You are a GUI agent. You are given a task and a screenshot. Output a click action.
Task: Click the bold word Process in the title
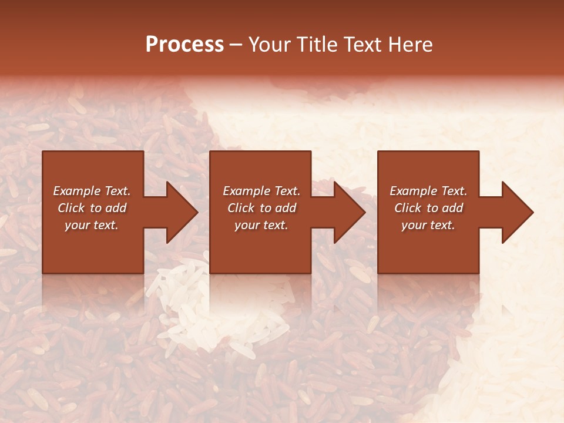[184, 45]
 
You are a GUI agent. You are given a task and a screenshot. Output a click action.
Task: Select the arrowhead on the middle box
[348, 212]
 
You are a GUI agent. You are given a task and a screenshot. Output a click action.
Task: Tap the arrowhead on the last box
[516, 212]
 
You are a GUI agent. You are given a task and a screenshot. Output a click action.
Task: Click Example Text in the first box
[92, 191]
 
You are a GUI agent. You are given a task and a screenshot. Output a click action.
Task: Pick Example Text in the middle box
[261, 191]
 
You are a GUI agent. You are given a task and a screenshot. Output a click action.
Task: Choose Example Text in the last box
[428, 191]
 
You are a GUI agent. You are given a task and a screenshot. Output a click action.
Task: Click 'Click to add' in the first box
[92, 208]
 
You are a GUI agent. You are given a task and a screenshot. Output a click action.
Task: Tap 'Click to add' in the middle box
[261, 208]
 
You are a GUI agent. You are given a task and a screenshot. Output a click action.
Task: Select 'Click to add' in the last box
[428, 208]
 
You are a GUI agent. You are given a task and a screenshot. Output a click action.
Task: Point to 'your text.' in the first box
[92, 225]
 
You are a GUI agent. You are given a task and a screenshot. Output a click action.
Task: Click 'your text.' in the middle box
[261, 225]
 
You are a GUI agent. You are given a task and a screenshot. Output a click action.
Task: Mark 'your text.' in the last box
[428, 225]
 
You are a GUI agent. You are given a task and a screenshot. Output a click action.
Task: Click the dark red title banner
[282, 18]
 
